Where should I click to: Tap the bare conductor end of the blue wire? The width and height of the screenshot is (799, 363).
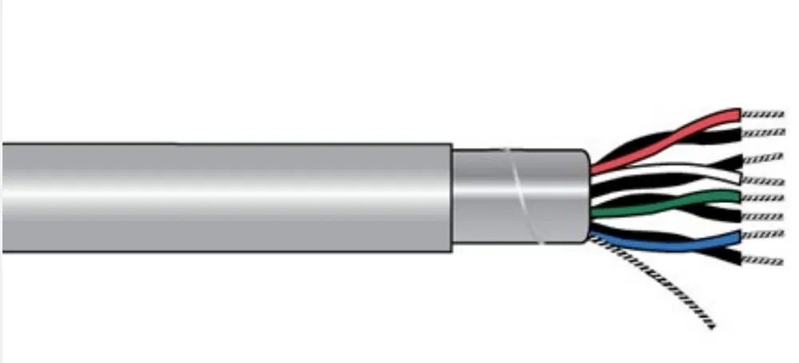tap(763, 234)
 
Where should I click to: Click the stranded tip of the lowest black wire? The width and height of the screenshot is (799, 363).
tap(763, 261)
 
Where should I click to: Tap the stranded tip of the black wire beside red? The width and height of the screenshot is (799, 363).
tap(763, 133)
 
